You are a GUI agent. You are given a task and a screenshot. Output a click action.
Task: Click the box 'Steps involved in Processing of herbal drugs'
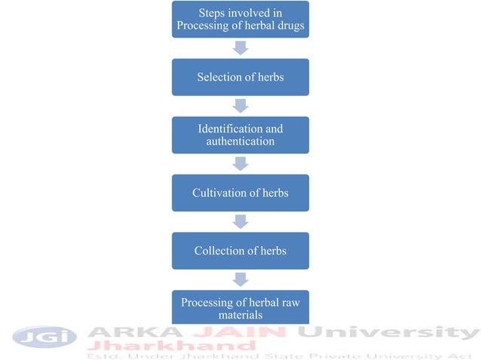point(240,20)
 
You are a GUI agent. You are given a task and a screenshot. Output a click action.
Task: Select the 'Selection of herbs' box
point(240,78)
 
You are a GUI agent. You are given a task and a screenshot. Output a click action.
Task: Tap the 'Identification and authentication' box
point(240,136)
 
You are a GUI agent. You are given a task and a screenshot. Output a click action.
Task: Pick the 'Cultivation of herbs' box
point(240,193)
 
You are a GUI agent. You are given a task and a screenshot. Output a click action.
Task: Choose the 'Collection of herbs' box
point(240,251)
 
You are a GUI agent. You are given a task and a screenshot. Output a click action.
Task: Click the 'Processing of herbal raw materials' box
point(240,308)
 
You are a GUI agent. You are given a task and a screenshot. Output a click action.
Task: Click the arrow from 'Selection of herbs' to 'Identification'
point(240,106)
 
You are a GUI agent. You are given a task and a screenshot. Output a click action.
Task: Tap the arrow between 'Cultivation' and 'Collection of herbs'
point(240,221)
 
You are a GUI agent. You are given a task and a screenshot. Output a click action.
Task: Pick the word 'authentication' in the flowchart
point(240,142)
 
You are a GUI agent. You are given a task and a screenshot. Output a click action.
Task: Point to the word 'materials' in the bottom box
point(240,315)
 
